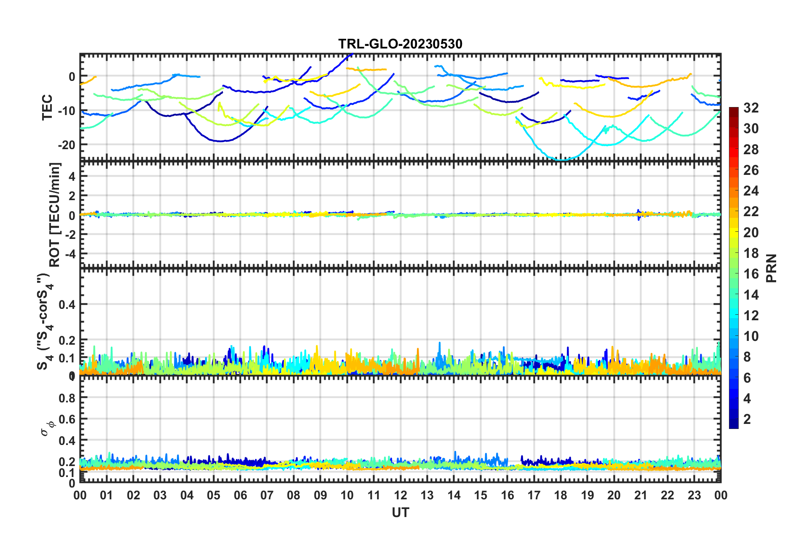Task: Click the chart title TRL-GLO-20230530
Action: (x=400, y=44)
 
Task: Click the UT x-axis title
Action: (x=400, y=512)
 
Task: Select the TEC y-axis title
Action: (x=47, y=107)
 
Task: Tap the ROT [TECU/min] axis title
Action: (x=55, y=215)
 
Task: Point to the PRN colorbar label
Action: (x=772, y=268)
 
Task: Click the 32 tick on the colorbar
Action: (x=751, y=108)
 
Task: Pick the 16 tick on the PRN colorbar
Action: (x=751, y=274)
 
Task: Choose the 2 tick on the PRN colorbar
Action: (x=748, y=419)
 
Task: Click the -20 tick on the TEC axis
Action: (x=67, y=145)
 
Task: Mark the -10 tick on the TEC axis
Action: (x=67, y=111)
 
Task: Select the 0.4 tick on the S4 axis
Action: (x=67, y=304)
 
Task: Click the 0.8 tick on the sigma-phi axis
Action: (x=67, y=397)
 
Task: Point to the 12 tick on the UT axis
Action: (x=400, y=495)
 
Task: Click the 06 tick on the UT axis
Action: (x=240, y=495)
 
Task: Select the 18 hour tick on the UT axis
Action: (x=561, y=495)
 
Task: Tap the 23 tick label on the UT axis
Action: (x=694, y=495)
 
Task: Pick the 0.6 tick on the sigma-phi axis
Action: (x=67, y=419)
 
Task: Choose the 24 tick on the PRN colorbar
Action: (x=751, y=191)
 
